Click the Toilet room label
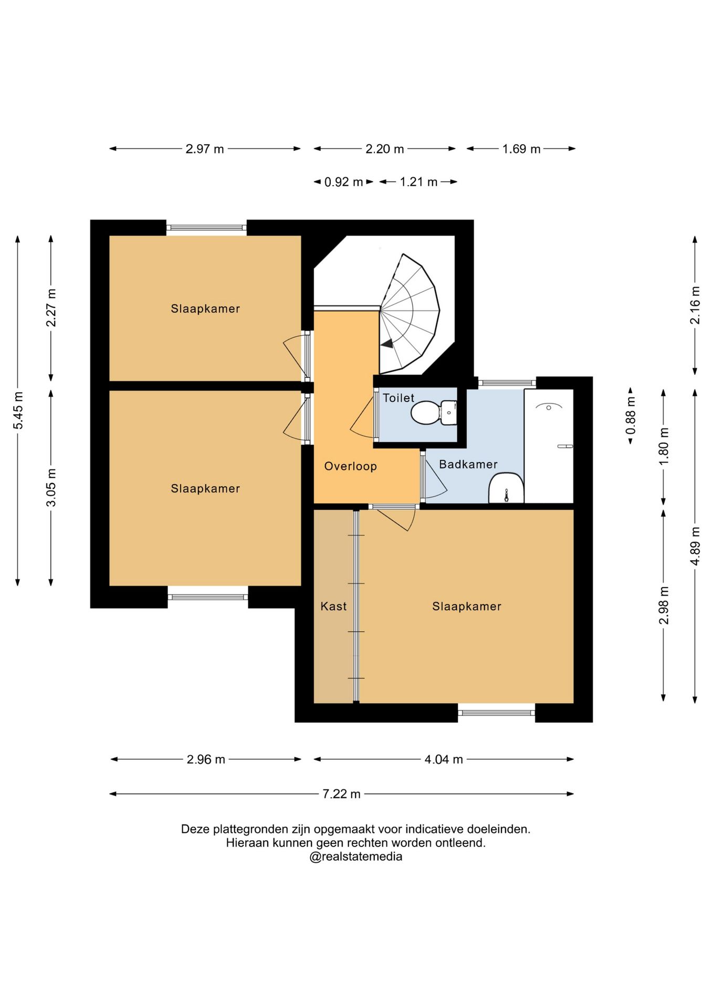399,398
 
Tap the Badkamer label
468,464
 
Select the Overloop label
350,466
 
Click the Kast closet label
333,606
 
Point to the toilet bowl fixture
434,413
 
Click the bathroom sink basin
506,488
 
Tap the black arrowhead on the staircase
387,344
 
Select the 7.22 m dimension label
341,794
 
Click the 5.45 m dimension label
18,410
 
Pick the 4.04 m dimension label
444,759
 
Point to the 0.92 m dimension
343,182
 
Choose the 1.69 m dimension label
521,149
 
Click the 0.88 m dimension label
631,415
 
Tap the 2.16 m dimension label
695,305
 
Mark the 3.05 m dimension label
51,487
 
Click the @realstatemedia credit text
356,857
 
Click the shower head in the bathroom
548,406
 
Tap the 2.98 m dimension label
664,606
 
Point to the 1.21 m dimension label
418,182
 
